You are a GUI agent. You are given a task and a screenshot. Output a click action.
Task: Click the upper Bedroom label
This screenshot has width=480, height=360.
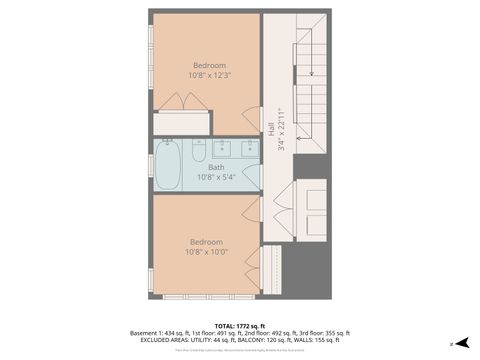(209, 66)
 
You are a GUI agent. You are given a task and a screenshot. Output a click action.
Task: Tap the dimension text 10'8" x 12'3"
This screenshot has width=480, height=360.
(209, 75)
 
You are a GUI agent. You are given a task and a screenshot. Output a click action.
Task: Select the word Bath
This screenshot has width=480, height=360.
(216, 167)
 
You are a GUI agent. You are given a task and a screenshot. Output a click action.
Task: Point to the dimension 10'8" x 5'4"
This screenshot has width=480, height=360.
(216, 176)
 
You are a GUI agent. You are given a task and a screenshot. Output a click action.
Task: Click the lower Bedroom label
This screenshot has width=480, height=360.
(206, 242)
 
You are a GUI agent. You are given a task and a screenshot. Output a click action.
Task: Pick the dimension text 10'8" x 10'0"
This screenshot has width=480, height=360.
(206, 251)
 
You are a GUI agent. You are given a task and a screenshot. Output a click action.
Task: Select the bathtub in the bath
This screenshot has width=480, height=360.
(168, 165)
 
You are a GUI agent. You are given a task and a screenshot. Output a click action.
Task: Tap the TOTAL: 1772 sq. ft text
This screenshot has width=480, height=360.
(239, 325)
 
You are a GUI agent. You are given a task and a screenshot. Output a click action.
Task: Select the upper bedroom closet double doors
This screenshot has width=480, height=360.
(182, 102)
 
